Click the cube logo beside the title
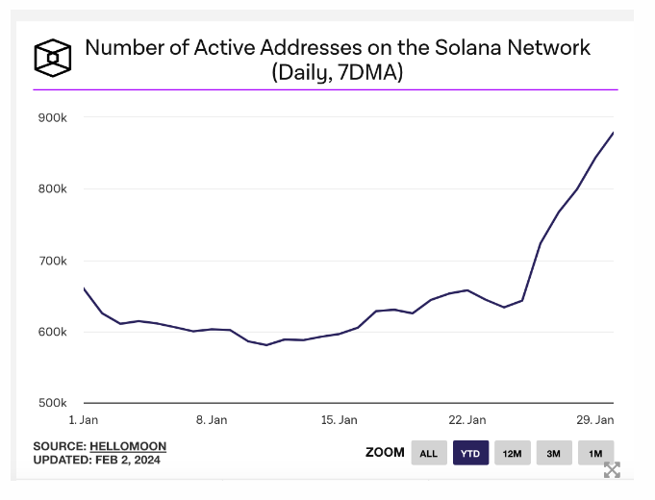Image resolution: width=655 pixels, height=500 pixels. click(54, 58)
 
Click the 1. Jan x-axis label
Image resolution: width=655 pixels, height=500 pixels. click(84, 420)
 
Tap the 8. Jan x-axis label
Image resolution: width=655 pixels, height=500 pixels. click(212, 420)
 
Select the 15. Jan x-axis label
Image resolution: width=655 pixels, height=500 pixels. click(339, 420)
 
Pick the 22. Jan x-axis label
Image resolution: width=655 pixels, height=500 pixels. click(466, 420)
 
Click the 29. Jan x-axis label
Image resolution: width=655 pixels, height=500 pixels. click(594, 420)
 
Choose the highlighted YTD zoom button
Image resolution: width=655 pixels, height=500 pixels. click(471, 453)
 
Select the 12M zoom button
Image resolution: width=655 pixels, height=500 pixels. click(513, 453)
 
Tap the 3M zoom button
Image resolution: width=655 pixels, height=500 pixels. click(554, 453)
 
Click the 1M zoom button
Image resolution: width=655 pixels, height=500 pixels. click(595, 453)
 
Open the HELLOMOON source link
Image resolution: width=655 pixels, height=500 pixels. click(128, 446)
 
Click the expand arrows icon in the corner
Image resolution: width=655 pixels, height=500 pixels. click(612, 470)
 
